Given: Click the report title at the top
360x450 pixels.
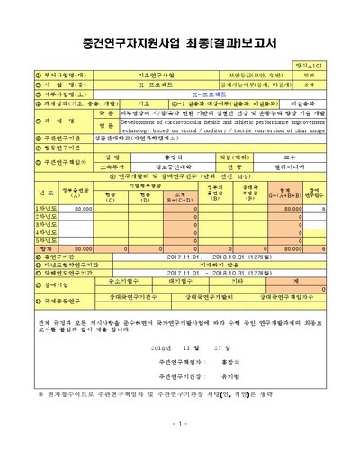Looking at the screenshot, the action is point(179,42).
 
